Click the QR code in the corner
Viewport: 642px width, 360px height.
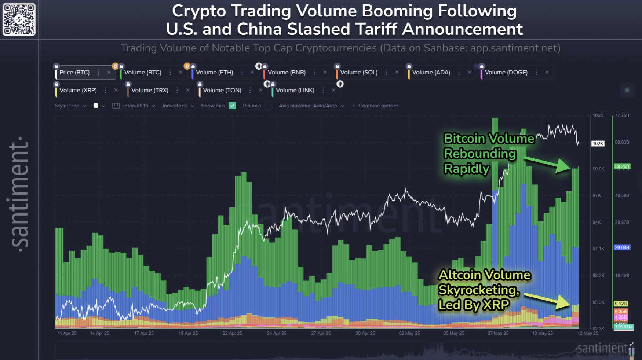[x=19, y=19]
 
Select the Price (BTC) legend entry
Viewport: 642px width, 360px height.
[x=74, y=73]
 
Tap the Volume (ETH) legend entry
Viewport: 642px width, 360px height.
[x=214, y=73]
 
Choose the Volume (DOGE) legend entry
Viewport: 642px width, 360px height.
[x=506, y=73]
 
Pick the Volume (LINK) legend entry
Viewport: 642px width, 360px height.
[x=295, y=90]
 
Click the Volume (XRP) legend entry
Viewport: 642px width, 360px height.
[x=78, y=90]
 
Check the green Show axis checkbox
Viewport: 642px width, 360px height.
[x=232, y=106]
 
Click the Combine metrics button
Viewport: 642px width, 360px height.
[x=375, y=106]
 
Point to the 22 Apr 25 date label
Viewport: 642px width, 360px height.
[x=232, y=333]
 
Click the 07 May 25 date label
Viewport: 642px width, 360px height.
[x=498, y=333]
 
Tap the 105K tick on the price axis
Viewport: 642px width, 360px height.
[x=598, y=115]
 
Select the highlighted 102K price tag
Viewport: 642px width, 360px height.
[x=598, y=143]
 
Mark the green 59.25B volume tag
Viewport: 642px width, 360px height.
[x=622, y=166]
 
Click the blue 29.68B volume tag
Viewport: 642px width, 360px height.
[x=622, y=247]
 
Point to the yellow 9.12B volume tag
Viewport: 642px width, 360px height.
[x=621, y=304]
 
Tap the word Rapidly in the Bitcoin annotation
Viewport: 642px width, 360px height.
[x=467, y=169]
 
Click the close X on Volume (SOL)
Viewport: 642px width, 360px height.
[x=397, y=72]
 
